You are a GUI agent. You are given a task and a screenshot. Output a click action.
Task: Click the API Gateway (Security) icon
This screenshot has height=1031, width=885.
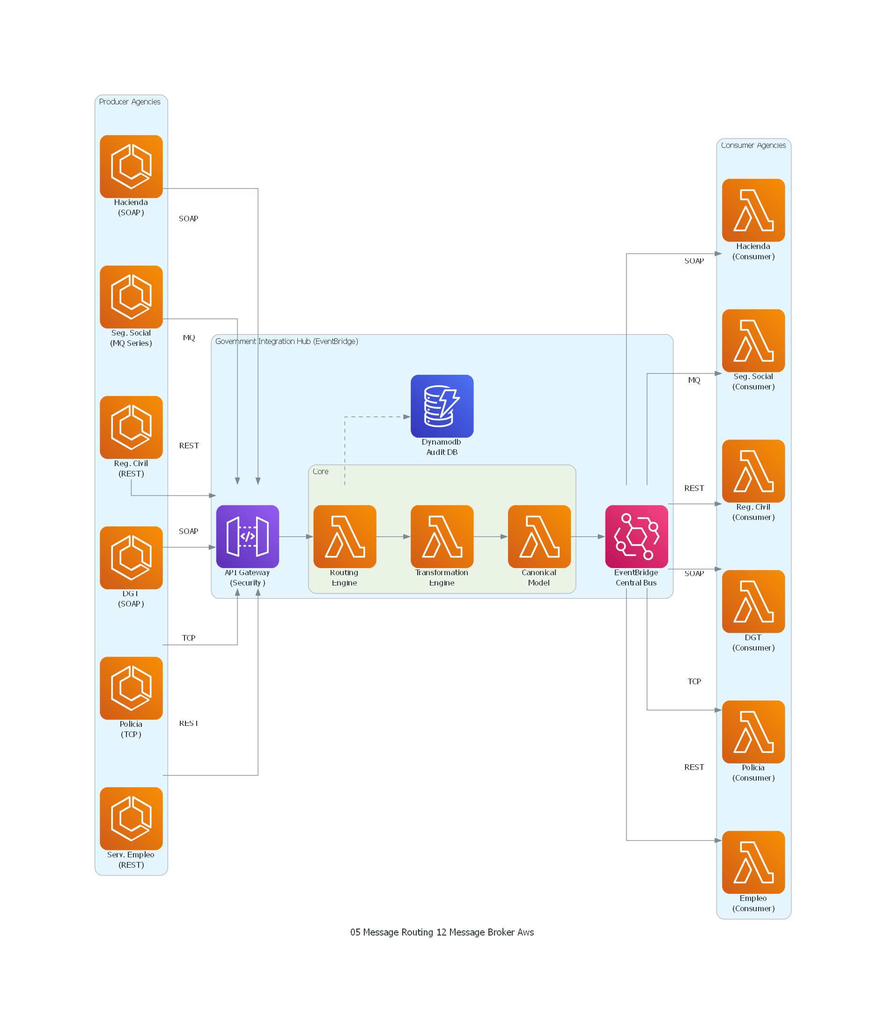point(247,536)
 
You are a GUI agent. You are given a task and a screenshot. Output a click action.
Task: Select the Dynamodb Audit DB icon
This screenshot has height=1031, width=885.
point(442,406)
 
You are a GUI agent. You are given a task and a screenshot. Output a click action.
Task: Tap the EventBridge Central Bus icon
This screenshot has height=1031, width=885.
point(636,536)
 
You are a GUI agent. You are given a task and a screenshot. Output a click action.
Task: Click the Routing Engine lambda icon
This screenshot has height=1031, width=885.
point(345,536)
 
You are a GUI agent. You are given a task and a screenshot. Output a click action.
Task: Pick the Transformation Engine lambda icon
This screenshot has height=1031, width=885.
point(442,536)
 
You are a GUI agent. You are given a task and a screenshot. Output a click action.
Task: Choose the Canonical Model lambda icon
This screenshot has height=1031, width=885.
point(539,536)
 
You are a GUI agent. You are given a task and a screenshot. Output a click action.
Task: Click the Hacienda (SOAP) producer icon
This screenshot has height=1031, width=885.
point(131,166)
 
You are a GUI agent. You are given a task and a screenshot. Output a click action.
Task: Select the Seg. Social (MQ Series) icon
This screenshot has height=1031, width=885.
point(131,297)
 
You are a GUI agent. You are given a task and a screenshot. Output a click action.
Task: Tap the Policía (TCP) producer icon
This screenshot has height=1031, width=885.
point(131,687)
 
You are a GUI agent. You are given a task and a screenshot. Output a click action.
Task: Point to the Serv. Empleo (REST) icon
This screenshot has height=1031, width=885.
point(131,818)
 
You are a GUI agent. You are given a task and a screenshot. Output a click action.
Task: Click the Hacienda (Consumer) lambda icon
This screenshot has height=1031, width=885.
point(753,210)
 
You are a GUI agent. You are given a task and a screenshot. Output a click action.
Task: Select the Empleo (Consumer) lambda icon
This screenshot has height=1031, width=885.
point(753,862)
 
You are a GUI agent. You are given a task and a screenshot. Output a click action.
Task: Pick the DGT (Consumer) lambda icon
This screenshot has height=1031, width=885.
point(753,601)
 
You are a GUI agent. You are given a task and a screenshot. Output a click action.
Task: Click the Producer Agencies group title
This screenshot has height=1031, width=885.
point(129,102)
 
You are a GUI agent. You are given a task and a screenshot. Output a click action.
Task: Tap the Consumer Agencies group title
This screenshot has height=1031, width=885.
point(753,145)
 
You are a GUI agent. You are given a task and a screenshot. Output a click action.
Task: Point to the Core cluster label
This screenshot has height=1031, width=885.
point(320,471)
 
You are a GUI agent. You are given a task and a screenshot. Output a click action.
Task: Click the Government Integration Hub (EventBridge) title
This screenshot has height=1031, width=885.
point(286,341)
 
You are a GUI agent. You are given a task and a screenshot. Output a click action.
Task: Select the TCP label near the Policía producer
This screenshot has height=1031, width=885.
point(188,637)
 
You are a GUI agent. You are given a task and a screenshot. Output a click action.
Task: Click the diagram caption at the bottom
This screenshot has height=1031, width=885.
point(442,932)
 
